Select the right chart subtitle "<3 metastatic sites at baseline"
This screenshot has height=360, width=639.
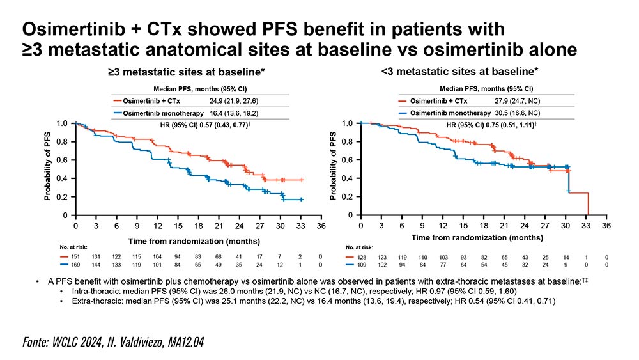(x=459, y=72)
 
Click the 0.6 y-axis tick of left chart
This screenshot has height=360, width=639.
(x=61, y=160)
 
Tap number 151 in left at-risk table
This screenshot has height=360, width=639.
(x=75, y=256)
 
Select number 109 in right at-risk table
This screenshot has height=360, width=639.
(x=361, y=263)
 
